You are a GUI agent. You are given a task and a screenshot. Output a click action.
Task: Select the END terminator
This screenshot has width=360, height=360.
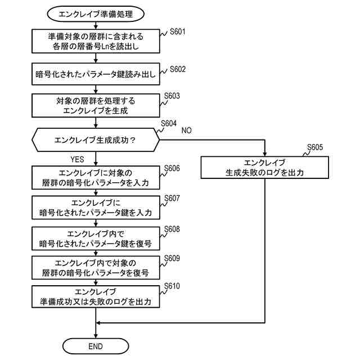click(95, 345)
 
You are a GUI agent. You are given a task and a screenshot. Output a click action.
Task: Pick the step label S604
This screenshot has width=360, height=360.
click(169, 123)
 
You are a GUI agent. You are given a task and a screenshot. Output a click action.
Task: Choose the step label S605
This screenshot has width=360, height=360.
click(315, 148)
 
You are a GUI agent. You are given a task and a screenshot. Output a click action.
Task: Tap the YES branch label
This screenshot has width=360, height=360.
click(78, 159)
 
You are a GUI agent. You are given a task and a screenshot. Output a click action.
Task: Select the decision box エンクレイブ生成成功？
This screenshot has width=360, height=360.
click(96, 138)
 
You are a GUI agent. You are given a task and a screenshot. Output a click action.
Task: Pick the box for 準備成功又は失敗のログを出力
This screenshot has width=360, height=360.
click(95, 298)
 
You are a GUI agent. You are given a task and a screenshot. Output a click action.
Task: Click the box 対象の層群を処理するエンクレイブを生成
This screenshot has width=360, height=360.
click(95, 105)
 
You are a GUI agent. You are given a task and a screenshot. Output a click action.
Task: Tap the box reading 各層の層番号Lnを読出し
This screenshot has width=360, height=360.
click(95, 41)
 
